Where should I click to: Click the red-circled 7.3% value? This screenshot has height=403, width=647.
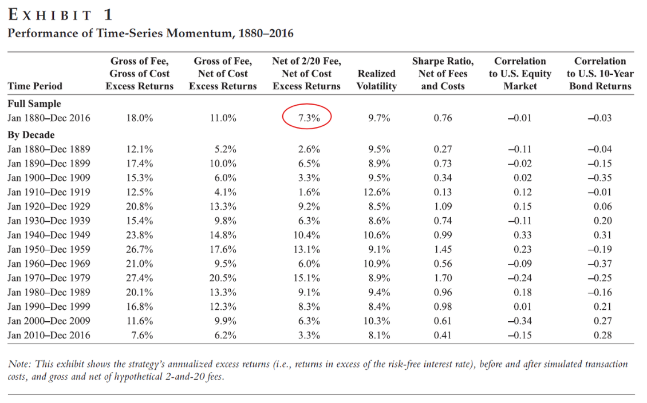[309, 118]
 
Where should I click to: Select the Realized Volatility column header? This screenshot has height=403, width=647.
[376, 79]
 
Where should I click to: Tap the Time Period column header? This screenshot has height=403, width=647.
[35, 86]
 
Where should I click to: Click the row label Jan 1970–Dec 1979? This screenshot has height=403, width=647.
[49, 278]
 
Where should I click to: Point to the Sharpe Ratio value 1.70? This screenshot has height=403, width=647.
[443, 278]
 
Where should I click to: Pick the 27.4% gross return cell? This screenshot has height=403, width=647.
[140, 278]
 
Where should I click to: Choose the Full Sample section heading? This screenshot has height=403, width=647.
[34, 104]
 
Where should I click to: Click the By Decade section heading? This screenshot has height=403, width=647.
[31, 135]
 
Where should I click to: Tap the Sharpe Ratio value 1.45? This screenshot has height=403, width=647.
[443, 249]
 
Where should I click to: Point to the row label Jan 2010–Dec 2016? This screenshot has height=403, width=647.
[49, 336]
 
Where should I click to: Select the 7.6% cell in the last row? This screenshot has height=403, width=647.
[142, 336]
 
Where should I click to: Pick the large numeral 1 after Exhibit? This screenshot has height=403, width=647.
[108, 15]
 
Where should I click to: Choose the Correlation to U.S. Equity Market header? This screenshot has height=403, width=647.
[520, 73]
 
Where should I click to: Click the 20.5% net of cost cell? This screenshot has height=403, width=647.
[223, 278]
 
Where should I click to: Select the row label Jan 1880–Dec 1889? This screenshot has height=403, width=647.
[49, 149]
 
